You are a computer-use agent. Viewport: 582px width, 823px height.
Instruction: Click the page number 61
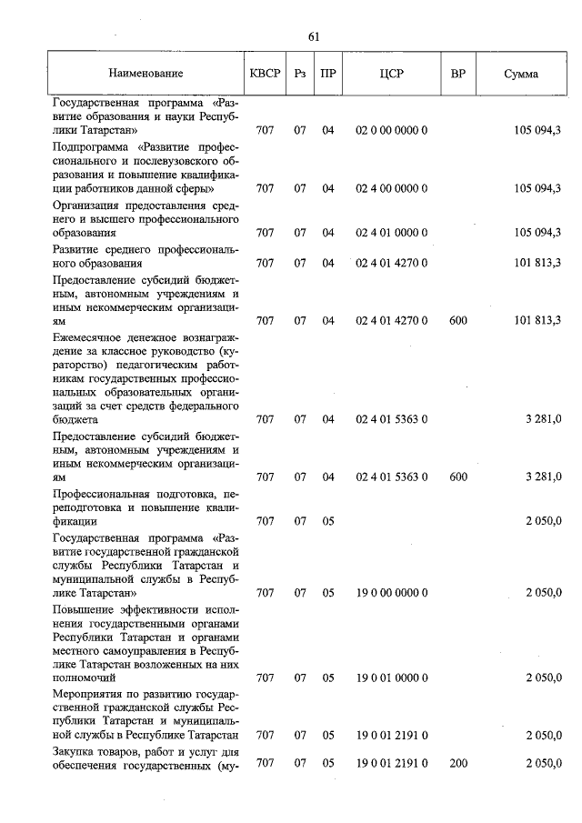(315, 36)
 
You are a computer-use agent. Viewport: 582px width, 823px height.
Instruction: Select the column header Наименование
(145, 74)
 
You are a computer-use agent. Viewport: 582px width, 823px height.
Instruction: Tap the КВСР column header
(265, 74)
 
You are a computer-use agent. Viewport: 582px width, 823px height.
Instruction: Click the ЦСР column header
(392, 74)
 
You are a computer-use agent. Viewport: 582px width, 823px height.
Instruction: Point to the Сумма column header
(520, 74)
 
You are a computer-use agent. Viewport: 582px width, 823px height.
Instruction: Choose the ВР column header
(458, 74)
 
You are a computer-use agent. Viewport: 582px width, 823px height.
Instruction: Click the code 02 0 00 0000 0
(392, 131)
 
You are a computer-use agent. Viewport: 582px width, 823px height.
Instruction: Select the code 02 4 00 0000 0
(392, 189)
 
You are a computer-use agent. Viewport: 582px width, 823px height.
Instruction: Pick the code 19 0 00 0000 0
(392, 593)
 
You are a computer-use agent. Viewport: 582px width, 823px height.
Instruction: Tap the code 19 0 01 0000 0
(392, 678)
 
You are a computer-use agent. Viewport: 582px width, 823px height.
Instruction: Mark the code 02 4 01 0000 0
(392, 234)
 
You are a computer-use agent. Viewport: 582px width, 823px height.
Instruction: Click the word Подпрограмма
(92, 146)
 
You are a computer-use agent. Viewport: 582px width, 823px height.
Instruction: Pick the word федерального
(201, 406)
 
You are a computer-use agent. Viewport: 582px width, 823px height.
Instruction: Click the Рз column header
(299, 74)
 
